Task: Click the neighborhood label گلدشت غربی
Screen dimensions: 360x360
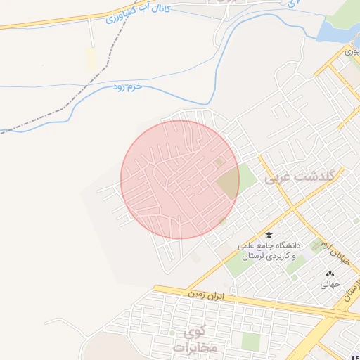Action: pyautogui.click(x=297, y=179)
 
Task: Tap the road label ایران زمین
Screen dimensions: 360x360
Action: pyautogui.click(x=205, y=295)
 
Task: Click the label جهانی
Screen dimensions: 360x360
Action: pyautogui.click(x=330, y=285)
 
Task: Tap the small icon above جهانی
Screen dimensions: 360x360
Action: pyautogui.click(x=330, y=274)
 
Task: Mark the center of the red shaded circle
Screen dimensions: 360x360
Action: pyautogui.click(x=180, y=179)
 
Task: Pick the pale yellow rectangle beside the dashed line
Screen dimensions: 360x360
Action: pyautogui.click(x=91, y=58)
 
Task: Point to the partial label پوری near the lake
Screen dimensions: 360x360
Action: pyautogui.click(x=352, y=51)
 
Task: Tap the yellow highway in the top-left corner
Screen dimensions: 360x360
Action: pyautogui.click(x=42, y=24)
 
